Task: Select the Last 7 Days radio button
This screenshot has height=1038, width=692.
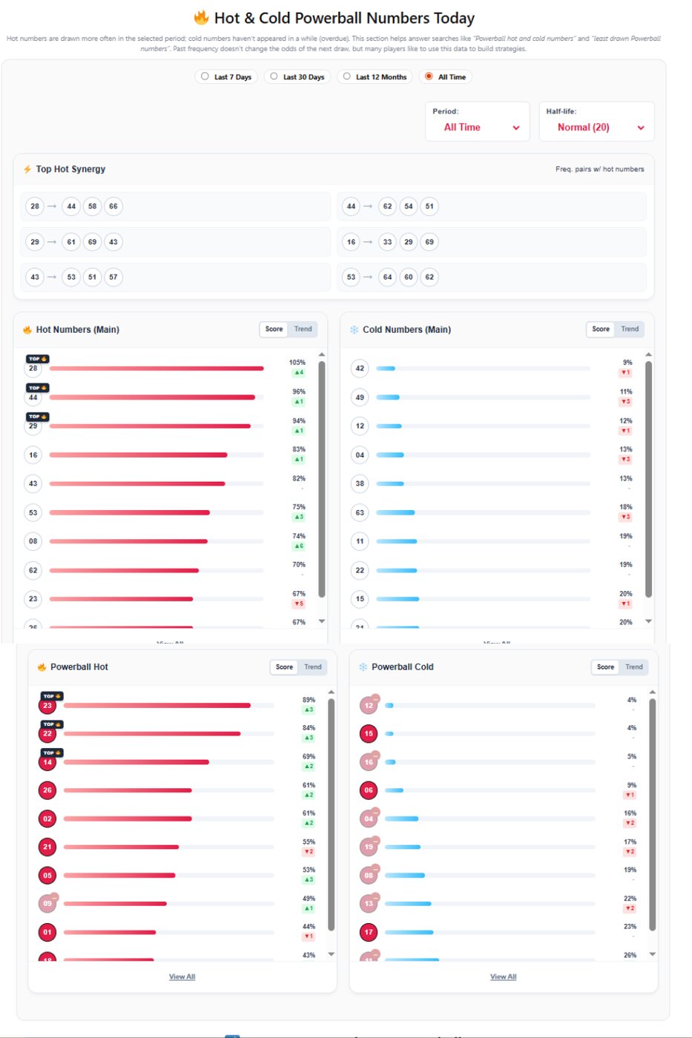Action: point(205,76)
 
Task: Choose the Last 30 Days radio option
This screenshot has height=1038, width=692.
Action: point(274,76)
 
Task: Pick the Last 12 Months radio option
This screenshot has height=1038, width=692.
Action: point(347,76)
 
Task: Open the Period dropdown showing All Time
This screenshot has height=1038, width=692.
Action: point(478,128)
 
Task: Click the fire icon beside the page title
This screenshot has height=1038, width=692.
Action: point(201,18)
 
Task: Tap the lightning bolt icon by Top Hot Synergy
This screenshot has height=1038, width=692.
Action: point(27,169)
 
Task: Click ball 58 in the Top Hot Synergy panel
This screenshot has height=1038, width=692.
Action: point(92,206)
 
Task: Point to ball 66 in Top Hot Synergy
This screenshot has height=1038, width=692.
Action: point(113,206)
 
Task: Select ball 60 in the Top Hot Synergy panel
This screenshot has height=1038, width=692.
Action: point(408,277)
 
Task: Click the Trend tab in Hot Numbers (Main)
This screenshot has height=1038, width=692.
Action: point(303,329)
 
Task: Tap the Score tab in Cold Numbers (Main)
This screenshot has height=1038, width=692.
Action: point(601,329)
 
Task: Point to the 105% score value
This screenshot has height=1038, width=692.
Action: point(297,363)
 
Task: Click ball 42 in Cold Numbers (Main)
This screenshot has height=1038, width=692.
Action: point(360,368)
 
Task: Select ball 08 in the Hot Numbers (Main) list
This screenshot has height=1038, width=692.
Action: point(33,541)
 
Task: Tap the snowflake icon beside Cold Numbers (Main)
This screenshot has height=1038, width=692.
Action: point(354,330)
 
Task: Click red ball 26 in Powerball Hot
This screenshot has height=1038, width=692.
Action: point(47,790)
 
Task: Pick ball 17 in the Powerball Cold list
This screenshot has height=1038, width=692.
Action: point(369,932)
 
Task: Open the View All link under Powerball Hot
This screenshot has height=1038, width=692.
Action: point(182,976)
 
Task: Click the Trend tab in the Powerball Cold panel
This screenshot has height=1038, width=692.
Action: point(633,667)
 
